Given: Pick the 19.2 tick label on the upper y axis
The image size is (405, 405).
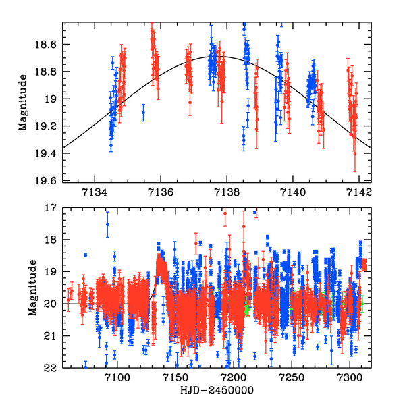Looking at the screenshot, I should click(48, 126).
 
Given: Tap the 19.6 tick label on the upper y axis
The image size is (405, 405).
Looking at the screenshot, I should click(48, 181).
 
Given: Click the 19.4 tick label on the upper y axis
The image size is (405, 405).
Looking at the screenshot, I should click(48, 154).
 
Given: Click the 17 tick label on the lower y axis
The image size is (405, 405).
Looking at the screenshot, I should click(51, 208).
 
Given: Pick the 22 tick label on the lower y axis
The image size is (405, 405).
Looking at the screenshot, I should click(51, 368).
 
